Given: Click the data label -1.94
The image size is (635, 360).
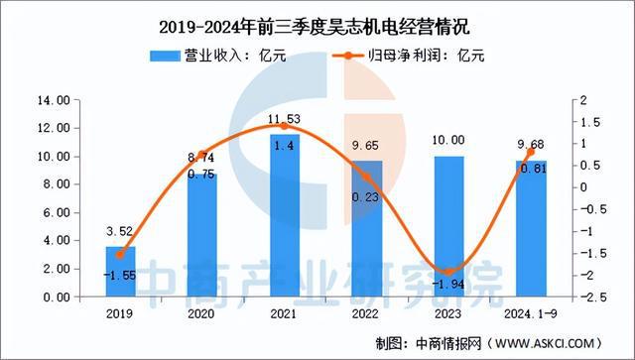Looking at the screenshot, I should [x=450, y=287].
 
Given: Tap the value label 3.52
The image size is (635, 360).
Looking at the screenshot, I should [x=120, y=233].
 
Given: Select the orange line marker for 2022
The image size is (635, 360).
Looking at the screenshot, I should [x=367, y=178].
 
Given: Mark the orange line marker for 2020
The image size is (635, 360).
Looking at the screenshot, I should [x=202, y=156].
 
